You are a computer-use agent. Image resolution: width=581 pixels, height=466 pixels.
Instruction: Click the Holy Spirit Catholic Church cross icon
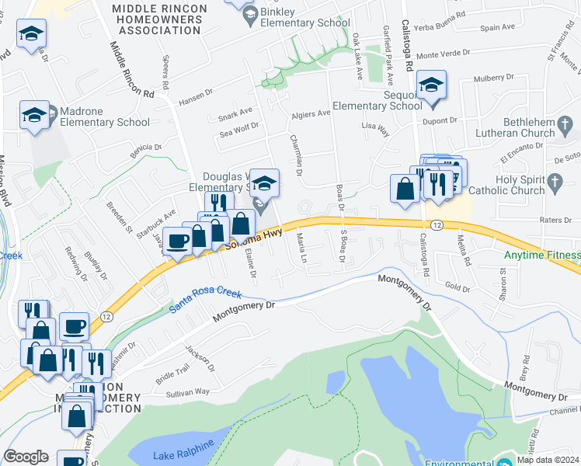click(554, 183)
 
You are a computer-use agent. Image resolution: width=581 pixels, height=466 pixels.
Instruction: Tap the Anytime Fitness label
click(541, 255)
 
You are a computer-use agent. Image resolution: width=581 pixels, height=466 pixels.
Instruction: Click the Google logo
click(26, 456)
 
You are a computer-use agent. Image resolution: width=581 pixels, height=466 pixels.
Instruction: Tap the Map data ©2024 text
click(548, 460)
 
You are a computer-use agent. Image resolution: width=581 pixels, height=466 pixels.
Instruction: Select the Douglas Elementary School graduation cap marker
click(265, 183)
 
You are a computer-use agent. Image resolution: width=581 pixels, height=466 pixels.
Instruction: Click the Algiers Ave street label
click(311, 114)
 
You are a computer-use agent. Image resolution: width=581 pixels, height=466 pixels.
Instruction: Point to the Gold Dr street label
click(457, 287)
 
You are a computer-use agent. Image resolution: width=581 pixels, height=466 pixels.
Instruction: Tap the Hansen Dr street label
click(195, 96)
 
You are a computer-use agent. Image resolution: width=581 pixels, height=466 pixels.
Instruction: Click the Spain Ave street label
click(498, 28)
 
